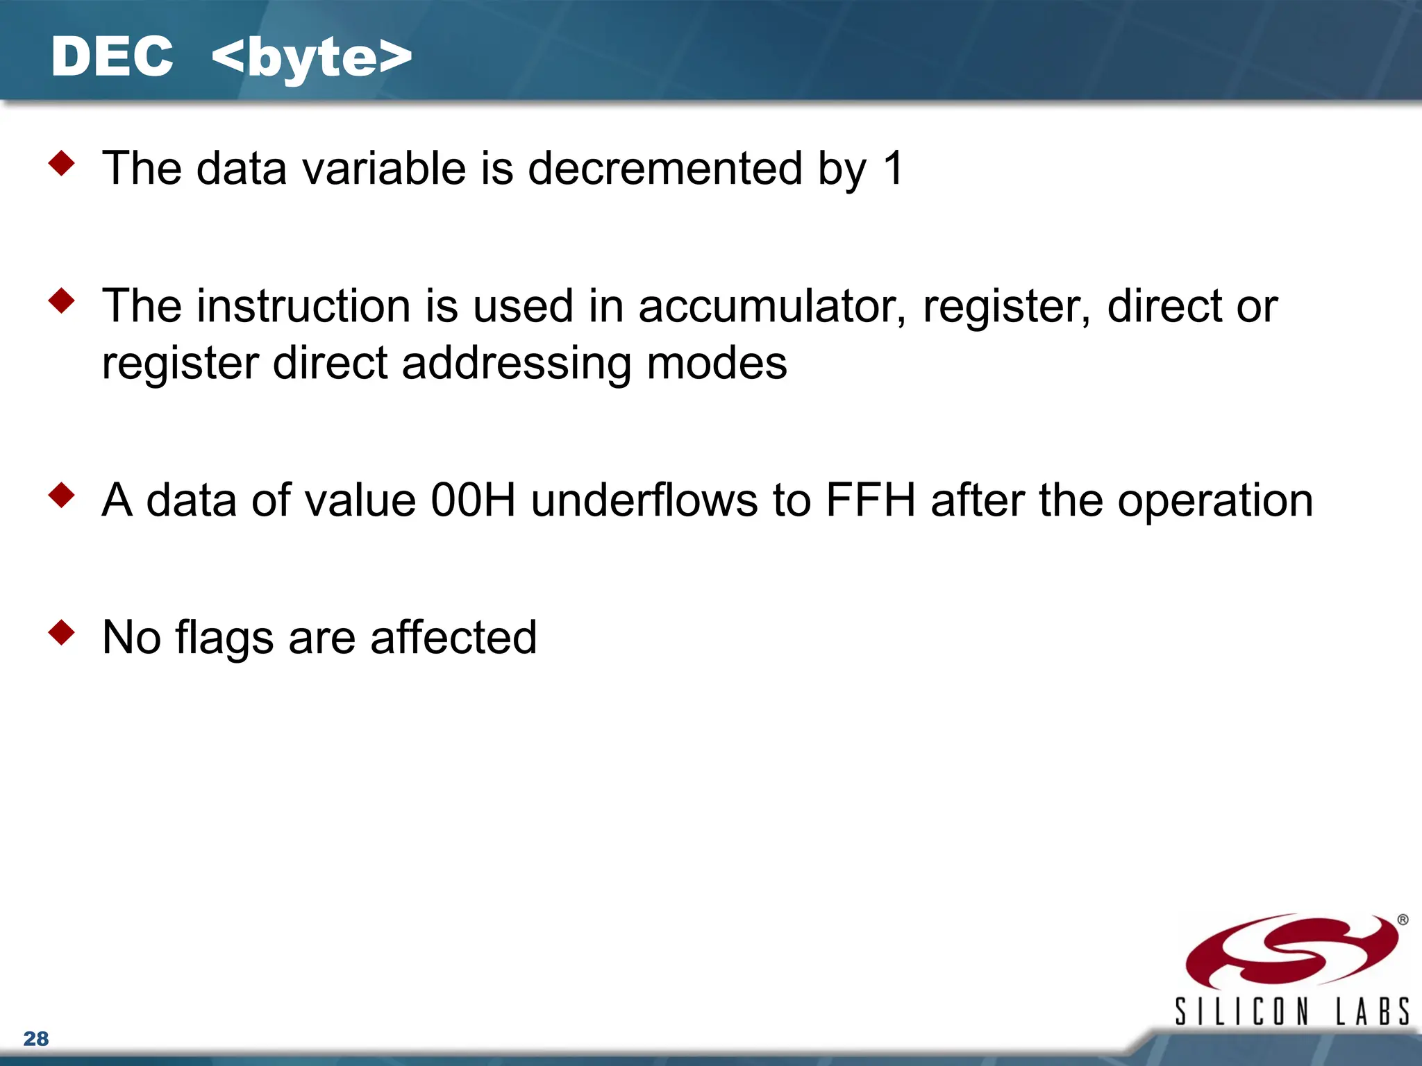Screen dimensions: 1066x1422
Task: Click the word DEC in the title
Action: (112, 57)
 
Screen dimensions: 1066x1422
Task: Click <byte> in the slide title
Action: (312, 58)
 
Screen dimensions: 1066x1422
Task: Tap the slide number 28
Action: (36, 1038)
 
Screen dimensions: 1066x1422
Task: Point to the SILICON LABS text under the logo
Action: (1291, 1011)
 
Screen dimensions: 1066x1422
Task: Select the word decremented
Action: (664, 169)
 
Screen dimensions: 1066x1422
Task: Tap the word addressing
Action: (517, 363)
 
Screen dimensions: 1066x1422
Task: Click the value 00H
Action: (473, 500)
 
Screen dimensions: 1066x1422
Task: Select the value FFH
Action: (871, 500)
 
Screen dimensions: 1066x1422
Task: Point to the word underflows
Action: (644, 500)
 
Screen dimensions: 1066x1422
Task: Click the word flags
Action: (224, 638)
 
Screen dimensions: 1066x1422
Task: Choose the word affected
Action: (453, 638)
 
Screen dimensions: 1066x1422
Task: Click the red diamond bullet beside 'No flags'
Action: (62, 632)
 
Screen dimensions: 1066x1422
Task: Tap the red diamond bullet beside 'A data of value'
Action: (62, 495)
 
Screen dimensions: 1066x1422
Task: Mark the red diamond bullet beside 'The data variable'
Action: (62, 163)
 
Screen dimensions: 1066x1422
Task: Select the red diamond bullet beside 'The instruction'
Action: (62, 301)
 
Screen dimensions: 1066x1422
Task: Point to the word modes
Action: (717, 363)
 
